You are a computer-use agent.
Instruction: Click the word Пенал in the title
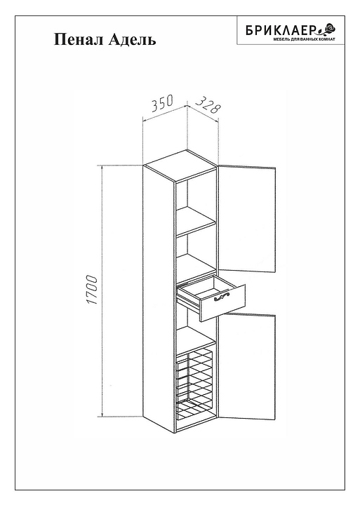coord(79,40)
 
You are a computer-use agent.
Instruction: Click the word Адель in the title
coord(132,40)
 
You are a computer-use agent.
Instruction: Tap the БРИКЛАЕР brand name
coord(280,31)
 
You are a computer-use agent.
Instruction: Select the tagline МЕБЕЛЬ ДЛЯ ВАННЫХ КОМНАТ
coord(305,39)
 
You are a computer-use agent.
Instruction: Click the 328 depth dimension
coord(208,105)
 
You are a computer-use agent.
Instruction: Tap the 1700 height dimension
coord(92,290)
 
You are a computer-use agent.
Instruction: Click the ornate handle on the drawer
coord(222,296)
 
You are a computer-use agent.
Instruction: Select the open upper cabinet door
coord(248,217)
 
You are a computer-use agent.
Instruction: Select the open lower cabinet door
coord(248,366)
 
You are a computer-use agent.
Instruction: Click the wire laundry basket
coord(195,386)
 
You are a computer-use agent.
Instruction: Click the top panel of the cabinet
coord(180,166)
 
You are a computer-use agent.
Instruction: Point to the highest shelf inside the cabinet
coord(195,221)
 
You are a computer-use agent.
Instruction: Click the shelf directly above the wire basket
coord(195,339)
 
